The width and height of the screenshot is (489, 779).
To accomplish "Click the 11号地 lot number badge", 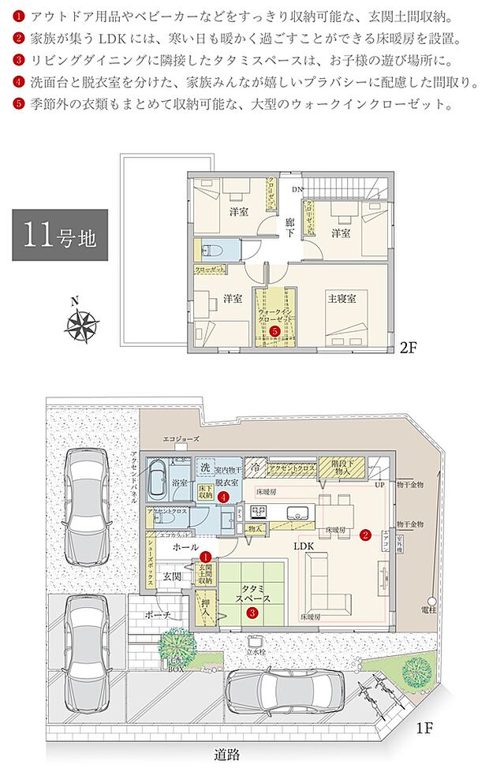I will click(59, 234).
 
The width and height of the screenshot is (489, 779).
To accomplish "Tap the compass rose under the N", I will click(81, 325).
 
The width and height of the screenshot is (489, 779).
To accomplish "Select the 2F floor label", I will click(408, 346).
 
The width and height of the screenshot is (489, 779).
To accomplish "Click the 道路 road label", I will click(226, 755).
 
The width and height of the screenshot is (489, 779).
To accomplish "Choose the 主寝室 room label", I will click(342, 298).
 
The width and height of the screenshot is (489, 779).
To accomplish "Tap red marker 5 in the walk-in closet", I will click(274, 332).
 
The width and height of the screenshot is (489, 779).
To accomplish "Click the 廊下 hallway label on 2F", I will click(291, 228).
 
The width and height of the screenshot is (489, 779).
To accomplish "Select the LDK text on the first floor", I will click(305, 545).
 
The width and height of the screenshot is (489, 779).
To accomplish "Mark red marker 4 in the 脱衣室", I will click(224, 498).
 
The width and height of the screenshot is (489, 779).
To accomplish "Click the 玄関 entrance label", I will click(173, 576).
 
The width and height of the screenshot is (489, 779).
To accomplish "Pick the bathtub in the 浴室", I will click(156, 478).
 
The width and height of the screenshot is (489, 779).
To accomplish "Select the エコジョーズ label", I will click(181, 439).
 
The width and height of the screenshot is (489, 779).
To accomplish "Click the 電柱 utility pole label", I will click(428, 609).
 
